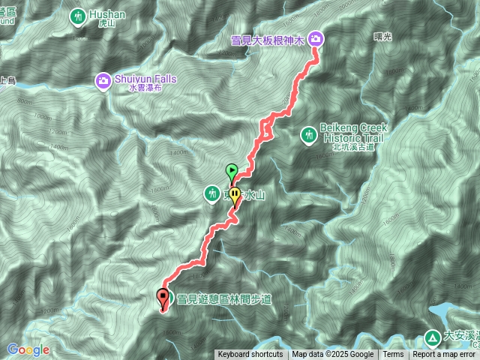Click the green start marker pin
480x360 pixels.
point(232,171)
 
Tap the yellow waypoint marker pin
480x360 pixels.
point(235,196)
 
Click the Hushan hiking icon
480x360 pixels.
point(79,16)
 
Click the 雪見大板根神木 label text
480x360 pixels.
point(268,38)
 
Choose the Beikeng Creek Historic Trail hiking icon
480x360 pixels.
point(308,135)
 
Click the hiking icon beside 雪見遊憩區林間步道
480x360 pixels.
point(169,298)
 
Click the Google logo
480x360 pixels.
point(28,349)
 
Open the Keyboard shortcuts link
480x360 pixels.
point(250,355)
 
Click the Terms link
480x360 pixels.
point(393,355)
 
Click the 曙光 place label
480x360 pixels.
point(382,36)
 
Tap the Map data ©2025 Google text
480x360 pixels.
point(333,355)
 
